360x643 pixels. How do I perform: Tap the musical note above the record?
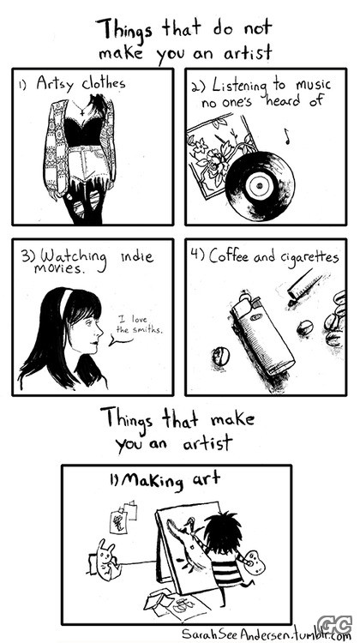tap(287, 136)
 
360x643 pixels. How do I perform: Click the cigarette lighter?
tap(261, 334)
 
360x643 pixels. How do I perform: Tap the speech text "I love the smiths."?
tap(139, 324)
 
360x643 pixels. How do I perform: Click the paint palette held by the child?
tap(255, 561)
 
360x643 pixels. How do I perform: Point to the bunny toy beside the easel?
tap(107, 558)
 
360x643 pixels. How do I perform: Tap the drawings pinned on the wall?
tap(123, 516)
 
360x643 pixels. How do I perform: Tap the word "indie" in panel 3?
tap(137, 256)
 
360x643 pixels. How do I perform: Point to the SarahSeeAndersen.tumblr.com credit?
tap(267, 634)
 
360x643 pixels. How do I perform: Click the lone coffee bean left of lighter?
tap(220, 357)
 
